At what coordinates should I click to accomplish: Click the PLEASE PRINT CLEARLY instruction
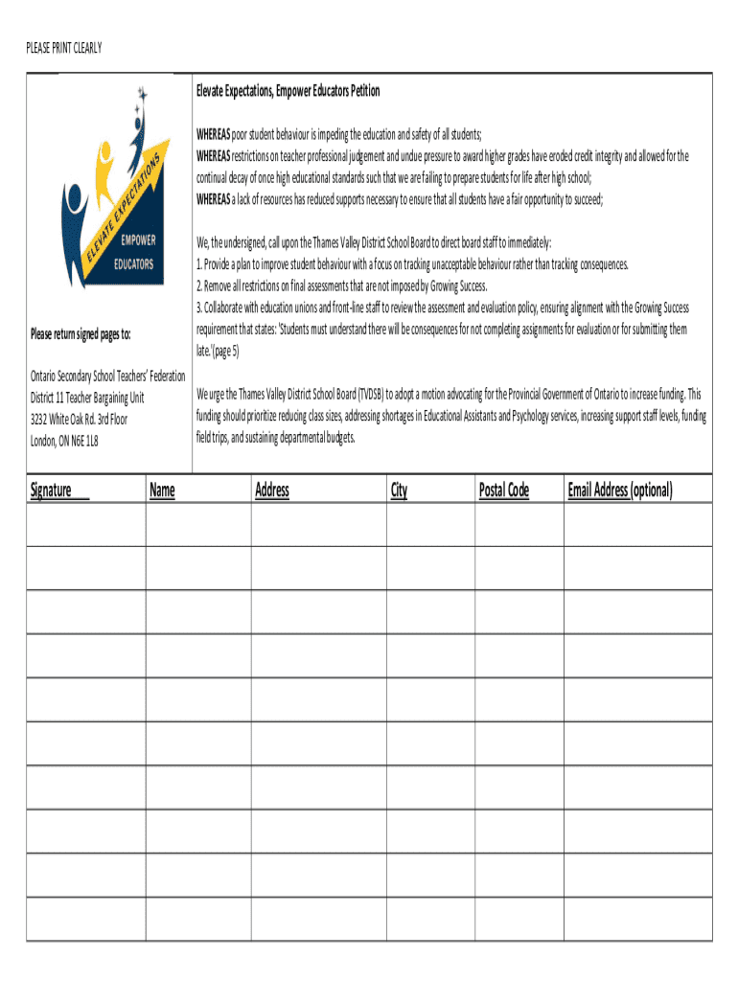point(63,47)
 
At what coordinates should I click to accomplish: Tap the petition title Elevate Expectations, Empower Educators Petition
point(288,91)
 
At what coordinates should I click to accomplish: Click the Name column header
point(162,490)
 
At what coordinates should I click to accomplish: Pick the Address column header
point(272,490)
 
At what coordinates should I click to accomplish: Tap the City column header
point(399,490)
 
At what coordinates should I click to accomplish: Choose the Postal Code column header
point(504,490)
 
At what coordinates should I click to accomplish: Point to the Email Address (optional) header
point(620,490)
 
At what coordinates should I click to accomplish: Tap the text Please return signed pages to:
point(81,333)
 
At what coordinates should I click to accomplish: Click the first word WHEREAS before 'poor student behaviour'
point(213,134)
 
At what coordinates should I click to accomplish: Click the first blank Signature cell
point(85,524)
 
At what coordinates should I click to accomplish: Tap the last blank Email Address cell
point(637,919)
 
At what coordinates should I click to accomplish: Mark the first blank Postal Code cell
point(519,524)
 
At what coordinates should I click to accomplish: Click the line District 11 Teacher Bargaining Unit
point(87,398)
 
